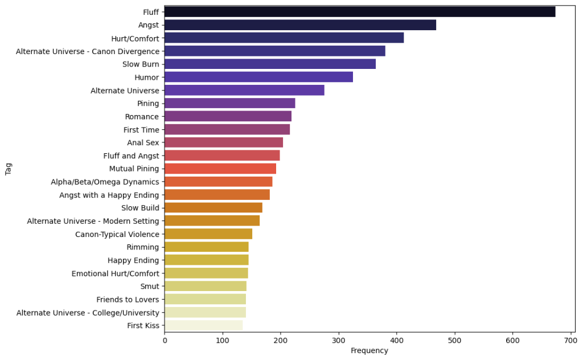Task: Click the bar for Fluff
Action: [x=360, y=12]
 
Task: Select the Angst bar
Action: [x=300, y=25]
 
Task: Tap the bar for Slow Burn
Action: [x=270, y=64]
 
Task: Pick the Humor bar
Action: [x=258, y=77]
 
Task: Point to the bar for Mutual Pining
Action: [x=220, y=169]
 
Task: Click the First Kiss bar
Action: [x=203, y=326]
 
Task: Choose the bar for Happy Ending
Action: [x=206, y=260]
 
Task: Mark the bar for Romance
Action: [x=228, y=116]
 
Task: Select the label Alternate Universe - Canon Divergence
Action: [x=88, y=51]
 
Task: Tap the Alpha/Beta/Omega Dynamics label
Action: [x=105, y=182]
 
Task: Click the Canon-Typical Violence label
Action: [x=117, y=234]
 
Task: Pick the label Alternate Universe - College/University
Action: [x=88, y=313]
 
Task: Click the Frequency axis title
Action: [x=369, y=351]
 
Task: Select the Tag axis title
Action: [x=9, y=169]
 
